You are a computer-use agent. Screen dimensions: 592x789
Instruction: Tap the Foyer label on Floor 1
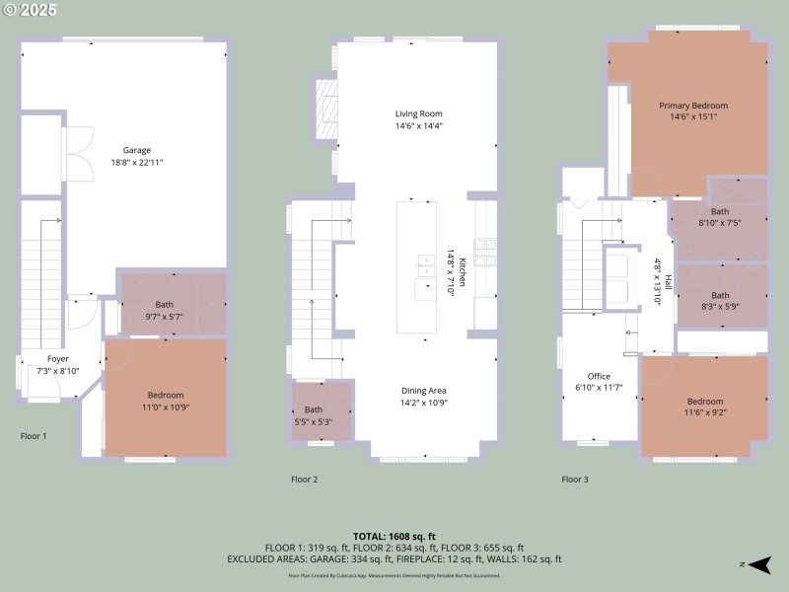57,365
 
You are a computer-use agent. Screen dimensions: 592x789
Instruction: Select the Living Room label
419,120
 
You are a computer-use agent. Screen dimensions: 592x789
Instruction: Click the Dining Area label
423,397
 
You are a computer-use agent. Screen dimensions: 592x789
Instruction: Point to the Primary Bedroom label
693,111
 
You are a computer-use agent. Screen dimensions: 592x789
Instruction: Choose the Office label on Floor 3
599,382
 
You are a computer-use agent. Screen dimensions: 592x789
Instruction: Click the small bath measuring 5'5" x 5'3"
313,415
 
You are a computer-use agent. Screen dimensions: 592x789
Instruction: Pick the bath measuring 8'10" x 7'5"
721,217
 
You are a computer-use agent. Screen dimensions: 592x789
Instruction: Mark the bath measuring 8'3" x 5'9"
721,301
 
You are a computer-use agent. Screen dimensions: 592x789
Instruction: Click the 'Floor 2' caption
305,480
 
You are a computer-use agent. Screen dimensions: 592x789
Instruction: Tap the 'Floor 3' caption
575,480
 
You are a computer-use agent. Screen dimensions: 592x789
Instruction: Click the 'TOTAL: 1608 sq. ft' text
394,536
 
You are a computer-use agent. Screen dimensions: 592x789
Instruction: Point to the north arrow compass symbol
757,565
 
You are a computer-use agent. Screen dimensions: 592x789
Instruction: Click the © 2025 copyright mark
31,10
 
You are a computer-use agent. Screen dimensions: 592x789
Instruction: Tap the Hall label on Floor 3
668,282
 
